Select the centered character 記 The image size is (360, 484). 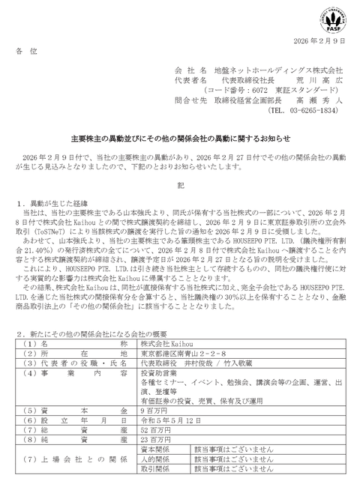point(179,184)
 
